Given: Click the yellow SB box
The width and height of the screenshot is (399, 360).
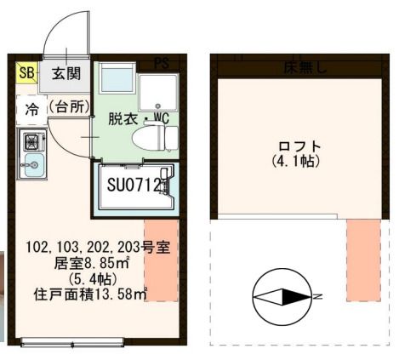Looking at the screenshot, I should click(x=26, y=73).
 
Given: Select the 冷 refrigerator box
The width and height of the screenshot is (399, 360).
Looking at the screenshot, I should click(x=31, y=109).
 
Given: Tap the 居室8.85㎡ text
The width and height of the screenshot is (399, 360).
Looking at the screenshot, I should click(x=82, y=263).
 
